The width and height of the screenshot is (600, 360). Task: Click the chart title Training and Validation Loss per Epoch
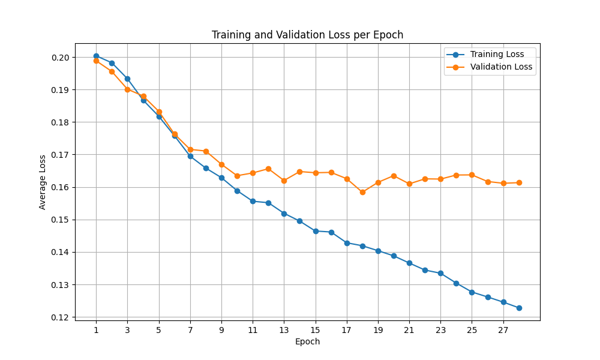(307, 35)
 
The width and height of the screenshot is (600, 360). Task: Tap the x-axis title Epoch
(307, 341)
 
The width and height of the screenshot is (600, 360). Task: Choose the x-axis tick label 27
(503, 329)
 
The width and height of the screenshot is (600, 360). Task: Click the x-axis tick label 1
(96, 329)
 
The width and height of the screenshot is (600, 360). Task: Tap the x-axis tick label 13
(284, 329)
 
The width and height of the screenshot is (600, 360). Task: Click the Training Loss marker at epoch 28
(519, 308)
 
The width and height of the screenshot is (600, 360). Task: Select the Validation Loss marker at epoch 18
(362, 192)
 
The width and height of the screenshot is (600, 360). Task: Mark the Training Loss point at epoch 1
(96, 56)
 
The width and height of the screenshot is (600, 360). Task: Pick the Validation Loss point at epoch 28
(519, 182)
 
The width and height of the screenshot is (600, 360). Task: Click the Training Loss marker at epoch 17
(347, 243)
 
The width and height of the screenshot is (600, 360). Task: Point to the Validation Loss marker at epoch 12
(268, 169)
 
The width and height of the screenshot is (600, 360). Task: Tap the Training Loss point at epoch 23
(440, 273)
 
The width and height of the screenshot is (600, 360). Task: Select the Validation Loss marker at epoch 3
(127, 89)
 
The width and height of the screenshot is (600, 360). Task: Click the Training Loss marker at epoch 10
(237, 191)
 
